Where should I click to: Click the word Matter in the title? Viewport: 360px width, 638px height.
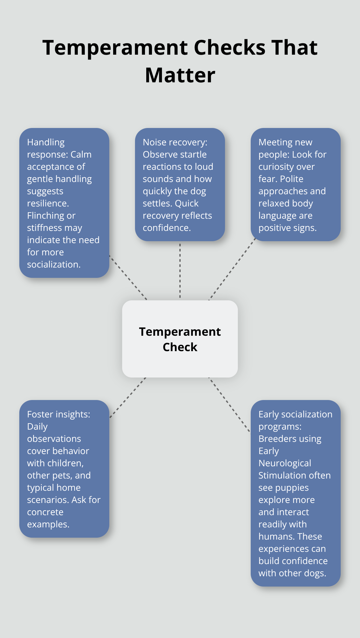180,75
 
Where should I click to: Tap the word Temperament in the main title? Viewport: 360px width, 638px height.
115,48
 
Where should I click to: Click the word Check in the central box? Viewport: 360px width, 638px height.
180,347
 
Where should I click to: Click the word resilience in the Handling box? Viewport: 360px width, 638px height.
48,203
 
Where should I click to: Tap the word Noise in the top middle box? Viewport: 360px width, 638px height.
155,142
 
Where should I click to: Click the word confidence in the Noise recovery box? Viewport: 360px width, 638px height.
166,228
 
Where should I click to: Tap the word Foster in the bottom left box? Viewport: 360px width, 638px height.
40,414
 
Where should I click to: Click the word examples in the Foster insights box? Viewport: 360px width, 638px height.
48,524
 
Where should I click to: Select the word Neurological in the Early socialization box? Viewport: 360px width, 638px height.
284,463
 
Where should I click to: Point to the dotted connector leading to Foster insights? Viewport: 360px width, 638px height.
128,397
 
